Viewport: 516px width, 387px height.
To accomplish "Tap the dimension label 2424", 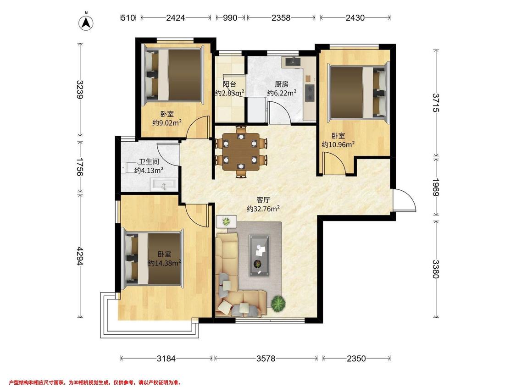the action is pyautogui.click(x=175, y=18).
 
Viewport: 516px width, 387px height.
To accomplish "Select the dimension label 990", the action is pyautogui.click(x=230, y=18).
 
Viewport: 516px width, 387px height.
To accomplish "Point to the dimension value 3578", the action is pyautogui.click(x=266, y=359).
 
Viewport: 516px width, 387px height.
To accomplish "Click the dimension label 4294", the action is pyautogui.click(x=80, y=256).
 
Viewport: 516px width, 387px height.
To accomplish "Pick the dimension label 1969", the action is pyautogui.click(x=436, y=187).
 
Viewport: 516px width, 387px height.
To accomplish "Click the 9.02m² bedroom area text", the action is pyautogui.click(x=167, y=123).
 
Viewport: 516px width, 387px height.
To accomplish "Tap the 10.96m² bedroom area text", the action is pyautogui.click(x=338, y=144).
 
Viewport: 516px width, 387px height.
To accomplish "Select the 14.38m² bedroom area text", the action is pyautogui.click(x=164, y=263).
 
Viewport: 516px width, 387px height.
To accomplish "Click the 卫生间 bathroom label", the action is pyautogui.click(x=149, y=162).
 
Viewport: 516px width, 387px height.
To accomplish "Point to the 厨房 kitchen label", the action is pyautogui.click(x=282, y=84).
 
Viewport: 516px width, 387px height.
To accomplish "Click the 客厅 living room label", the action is pyautogui.click(x=263, y=200).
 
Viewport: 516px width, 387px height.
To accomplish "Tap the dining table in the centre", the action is pyautogui.click(x=241, y=152).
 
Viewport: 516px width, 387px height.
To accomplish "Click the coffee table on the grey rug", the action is pyautogui.click(x=259, y=255).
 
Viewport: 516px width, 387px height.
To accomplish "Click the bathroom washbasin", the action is pyautogui.click(x=164, y=185).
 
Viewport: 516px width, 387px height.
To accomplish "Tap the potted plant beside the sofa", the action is pyautogui.click(x=278, y=303).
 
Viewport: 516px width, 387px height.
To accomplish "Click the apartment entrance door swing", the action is pyautogui.click(x=405, y=200).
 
